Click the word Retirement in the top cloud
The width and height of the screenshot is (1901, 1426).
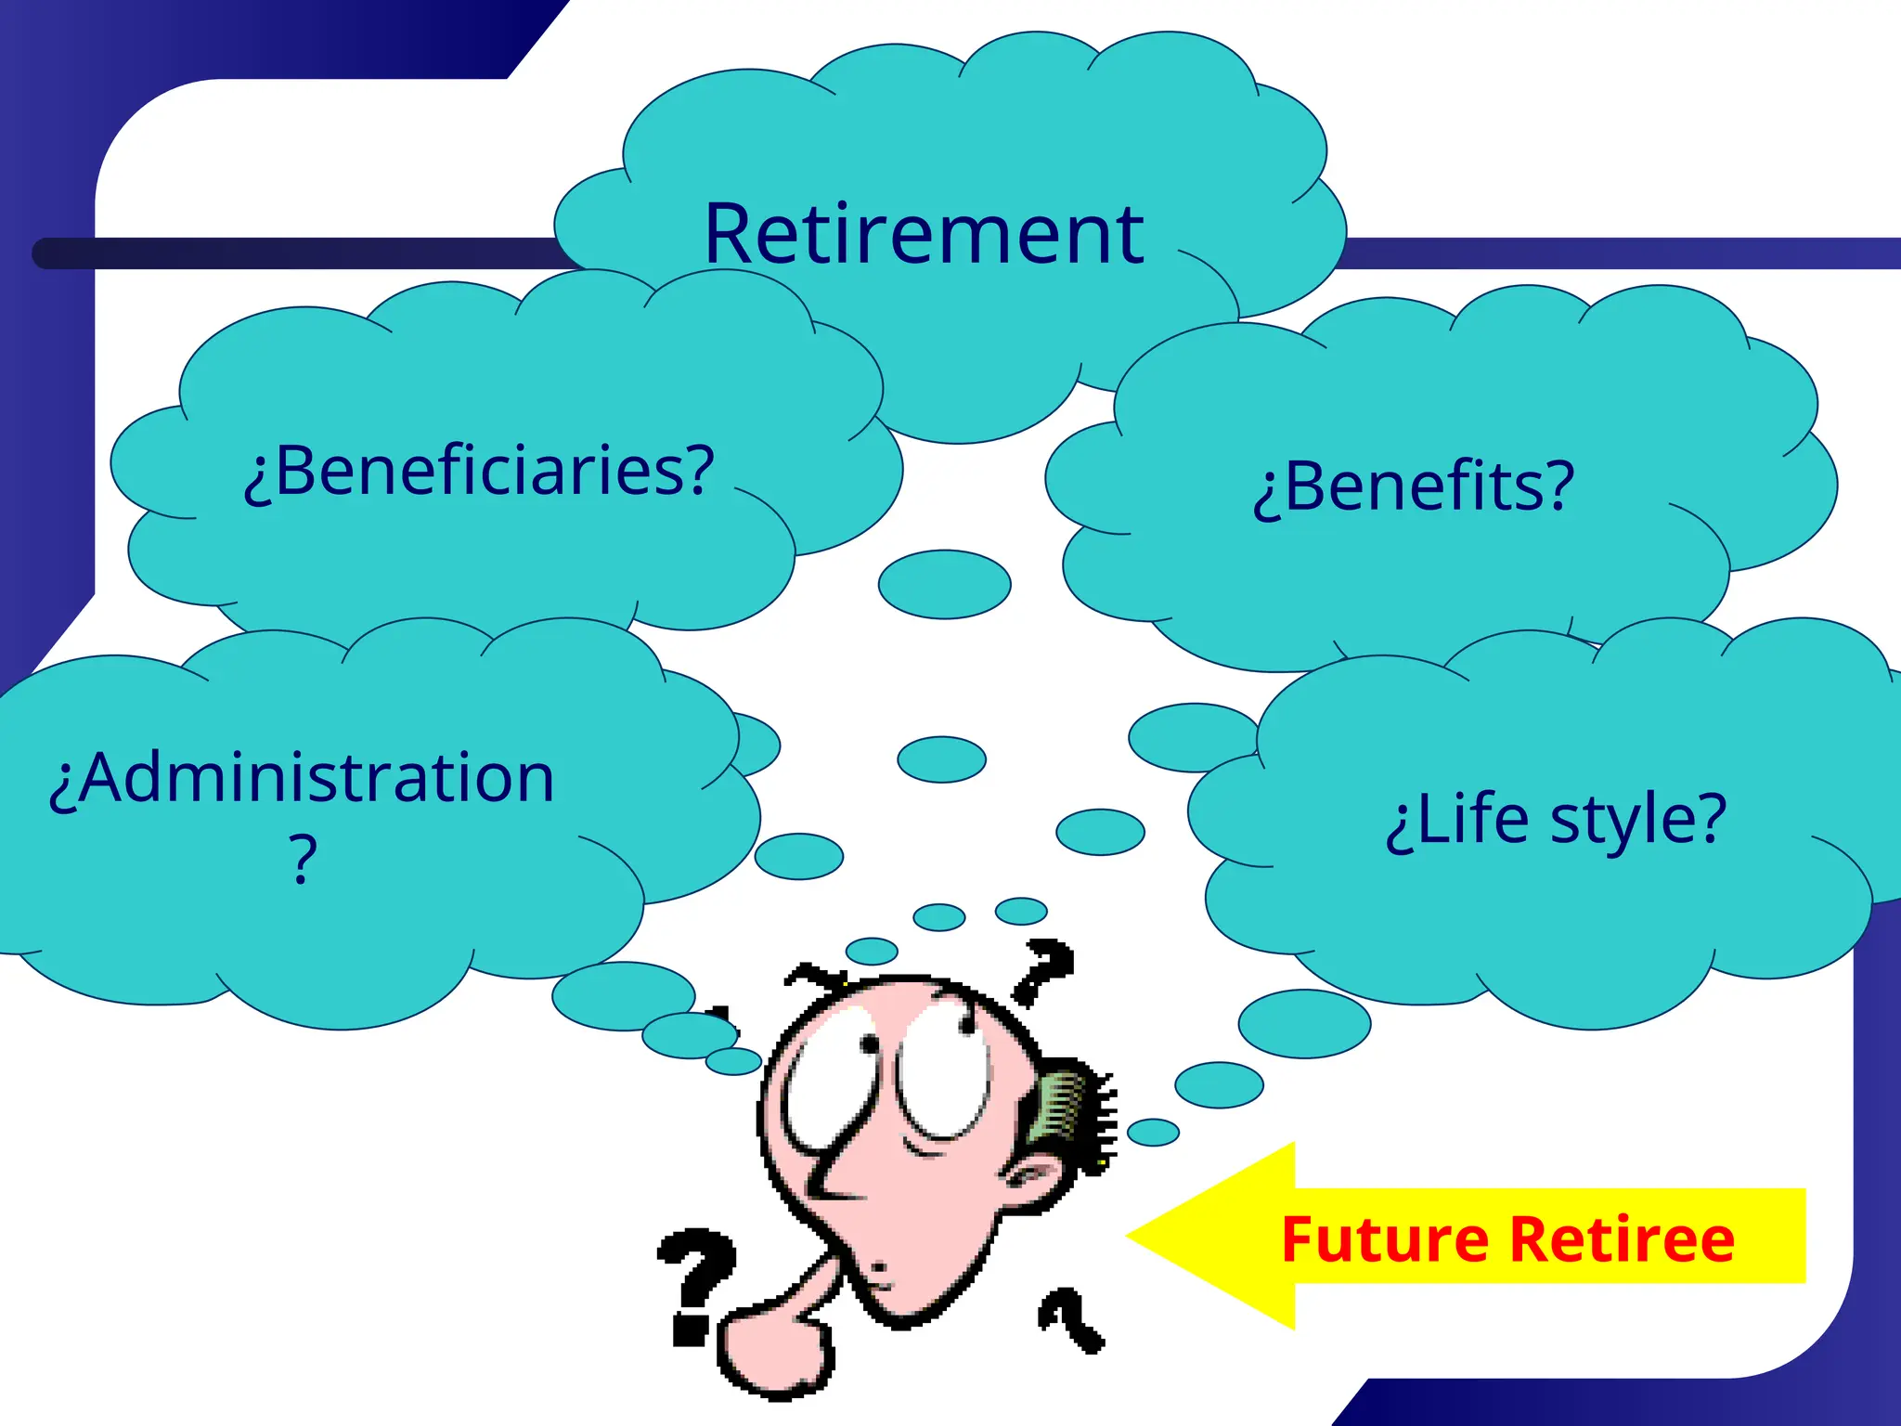[924, 234]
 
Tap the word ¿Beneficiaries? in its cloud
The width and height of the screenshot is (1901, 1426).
[479, 471]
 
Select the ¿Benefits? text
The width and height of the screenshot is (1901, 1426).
[1414, 486]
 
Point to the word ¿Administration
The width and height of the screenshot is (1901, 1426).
[303, 778]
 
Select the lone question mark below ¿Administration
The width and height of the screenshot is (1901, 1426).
[303, 860]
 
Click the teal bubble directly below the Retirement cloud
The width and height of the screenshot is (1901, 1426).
[944, 584]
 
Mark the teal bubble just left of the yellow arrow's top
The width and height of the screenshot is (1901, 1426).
[1153, 1132]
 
